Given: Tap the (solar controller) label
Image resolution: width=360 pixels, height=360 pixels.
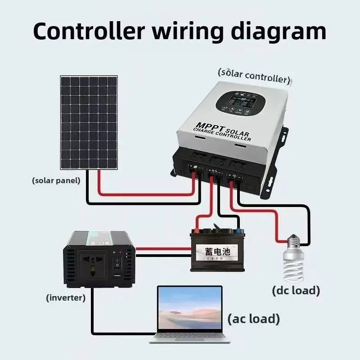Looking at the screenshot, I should point(253,75).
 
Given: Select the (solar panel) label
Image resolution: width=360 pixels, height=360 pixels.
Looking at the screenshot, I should point(56,180).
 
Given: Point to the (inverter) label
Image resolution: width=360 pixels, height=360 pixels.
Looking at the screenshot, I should point(66,297).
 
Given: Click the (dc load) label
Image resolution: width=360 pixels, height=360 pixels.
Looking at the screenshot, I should point(296,290).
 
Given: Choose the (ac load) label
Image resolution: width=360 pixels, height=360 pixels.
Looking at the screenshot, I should point(253,319).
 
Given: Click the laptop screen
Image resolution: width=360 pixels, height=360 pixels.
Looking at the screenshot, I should point(189,310).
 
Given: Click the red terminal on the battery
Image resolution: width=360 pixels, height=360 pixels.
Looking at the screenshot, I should point(197,231).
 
